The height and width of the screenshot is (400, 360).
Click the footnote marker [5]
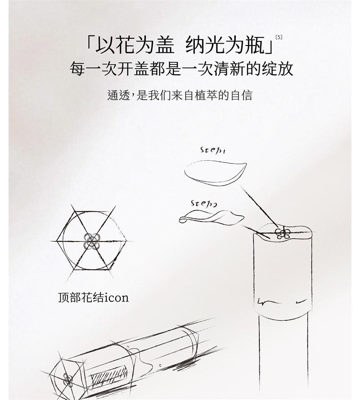point(279,37)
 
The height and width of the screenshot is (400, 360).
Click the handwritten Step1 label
point(213,150)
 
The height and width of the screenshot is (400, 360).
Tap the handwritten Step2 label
point(203,203)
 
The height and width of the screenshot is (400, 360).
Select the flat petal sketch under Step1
point(216,173)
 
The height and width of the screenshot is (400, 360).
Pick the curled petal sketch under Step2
point(211,218)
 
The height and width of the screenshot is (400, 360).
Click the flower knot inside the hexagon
point(92,241)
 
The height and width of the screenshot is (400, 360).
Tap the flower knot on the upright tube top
point(282,233)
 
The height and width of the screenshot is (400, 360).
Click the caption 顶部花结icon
point(93,298)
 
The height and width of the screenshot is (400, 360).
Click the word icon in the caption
point(116,298)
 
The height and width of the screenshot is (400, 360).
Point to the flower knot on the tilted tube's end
point(67,379)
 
